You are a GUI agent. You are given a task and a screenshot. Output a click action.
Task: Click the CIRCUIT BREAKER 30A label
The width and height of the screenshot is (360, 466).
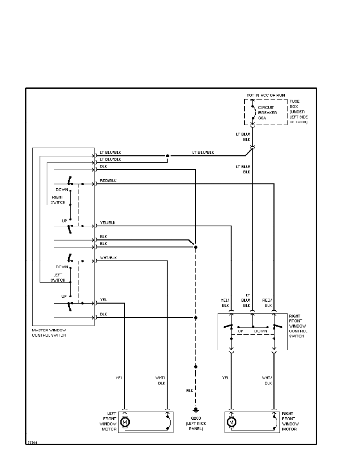point(267,113)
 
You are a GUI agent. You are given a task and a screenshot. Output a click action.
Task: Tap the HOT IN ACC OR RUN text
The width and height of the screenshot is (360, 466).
point(265,95)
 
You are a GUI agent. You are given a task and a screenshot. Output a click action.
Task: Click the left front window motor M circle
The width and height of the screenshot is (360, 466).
point(125,422)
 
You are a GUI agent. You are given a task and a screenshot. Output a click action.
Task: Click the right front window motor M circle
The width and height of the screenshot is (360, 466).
point(232,422)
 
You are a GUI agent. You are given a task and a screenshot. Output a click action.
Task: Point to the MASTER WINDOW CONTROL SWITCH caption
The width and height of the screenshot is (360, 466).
point(49,333)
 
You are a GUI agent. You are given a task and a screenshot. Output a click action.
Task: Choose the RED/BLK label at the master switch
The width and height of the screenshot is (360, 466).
point(108,180)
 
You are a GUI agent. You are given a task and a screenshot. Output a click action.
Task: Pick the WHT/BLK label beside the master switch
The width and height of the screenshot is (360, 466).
point(108,258)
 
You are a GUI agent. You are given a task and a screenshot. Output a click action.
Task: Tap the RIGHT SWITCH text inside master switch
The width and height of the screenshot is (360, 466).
point(58,200)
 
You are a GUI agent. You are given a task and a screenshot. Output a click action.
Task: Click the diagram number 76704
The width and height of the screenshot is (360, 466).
point(32,442)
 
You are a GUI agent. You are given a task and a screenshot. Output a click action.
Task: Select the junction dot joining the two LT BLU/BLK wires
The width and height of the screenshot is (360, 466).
point(167,156)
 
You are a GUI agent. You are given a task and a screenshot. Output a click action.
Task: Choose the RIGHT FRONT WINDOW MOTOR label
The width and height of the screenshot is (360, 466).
point(290,421)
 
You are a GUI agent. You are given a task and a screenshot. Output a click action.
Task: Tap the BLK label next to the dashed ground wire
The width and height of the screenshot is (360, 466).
point(190,391)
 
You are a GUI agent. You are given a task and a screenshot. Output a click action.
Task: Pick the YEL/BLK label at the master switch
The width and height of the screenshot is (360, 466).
point(108,223)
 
